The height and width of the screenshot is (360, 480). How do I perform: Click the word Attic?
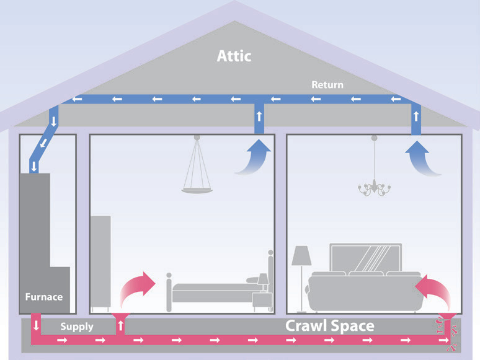pos(234,56)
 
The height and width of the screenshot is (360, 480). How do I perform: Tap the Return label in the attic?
pos(327,85)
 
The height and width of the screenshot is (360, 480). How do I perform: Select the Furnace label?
pos(44,297)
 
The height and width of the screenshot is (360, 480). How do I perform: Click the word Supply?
pos(77,327)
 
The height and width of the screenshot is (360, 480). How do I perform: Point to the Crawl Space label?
pos(330,326)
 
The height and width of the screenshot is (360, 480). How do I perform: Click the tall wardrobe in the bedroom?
pos(100,263)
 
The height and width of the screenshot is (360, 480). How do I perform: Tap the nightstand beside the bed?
pos(262,301)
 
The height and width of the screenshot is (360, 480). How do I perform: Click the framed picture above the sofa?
pos(366,258)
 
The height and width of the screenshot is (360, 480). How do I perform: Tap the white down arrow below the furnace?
pos(36,325)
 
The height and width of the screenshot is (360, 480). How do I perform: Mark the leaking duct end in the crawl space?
pos(448,332)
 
